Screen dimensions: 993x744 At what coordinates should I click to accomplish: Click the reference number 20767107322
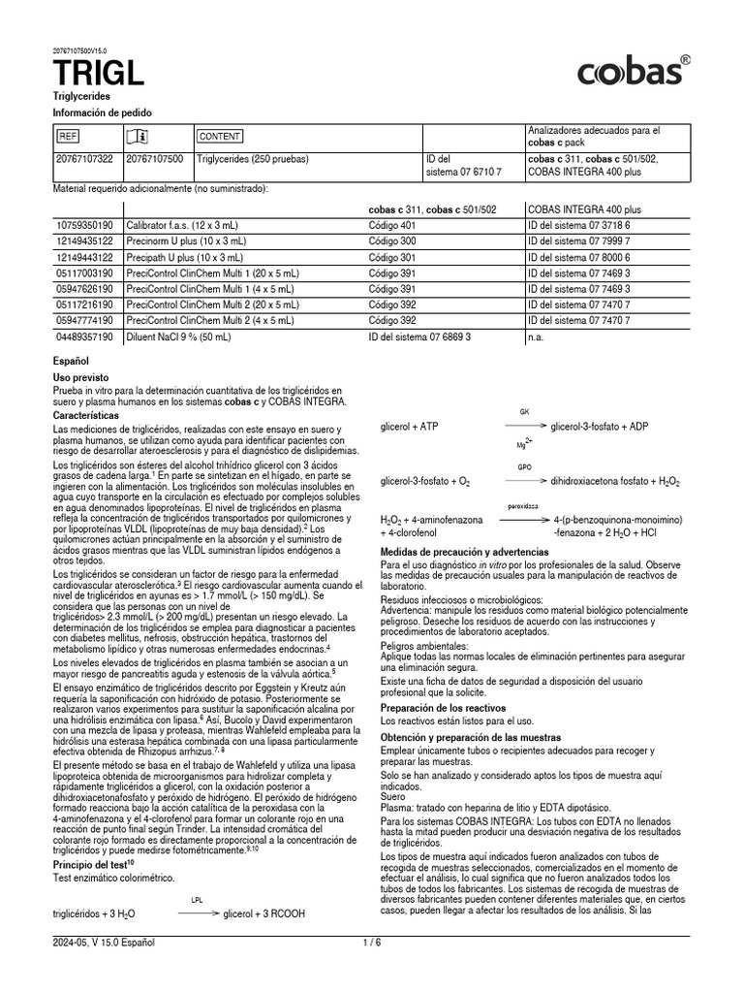click(x=85, y=158)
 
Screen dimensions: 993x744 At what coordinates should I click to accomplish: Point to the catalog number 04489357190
click(x=85, y=338)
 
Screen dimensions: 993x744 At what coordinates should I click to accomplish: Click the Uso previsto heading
click(x=80, y=375)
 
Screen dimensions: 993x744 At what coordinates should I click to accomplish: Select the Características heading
click(x=86, y=415)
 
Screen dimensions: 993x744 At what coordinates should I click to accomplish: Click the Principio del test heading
click(x=94, y=862)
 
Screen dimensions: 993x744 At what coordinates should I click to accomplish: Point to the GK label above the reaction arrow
click(x=525, y=412)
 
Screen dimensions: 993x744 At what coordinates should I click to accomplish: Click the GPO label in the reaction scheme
click(x=525, y=465)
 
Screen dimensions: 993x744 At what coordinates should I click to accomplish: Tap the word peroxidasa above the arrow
click(x=524, y=506)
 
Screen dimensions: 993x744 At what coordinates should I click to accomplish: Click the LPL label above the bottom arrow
click(x=197, y=899)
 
